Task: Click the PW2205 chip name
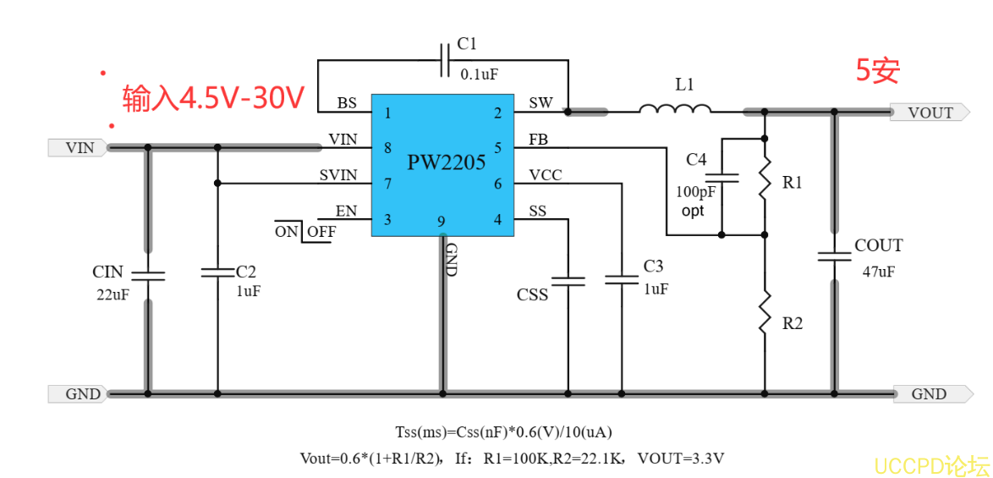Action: pos(446,162)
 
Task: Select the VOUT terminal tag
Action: pos(929,113)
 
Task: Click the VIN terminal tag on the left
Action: pos(78,148)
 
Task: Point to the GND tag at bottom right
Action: pos(930,393)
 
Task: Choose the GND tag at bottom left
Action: pos(81,393)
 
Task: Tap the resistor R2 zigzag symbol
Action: pos(765,314)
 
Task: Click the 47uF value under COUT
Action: pos(878,272)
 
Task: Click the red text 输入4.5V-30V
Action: pos(213,97)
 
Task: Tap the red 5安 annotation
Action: pos(877,71)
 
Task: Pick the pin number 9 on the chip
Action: pos(442,222)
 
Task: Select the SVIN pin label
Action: pos(338,176)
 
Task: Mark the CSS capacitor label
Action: pos(532,295)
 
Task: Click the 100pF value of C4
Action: pos(695,191)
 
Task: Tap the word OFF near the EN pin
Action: pos(321,231)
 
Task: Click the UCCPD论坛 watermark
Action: pos(931,465)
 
